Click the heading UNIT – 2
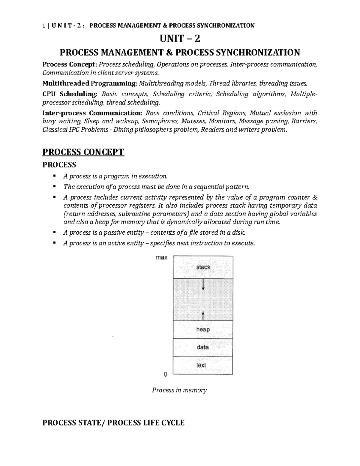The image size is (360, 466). [180, 39]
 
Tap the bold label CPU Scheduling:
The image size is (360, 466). [70, 94]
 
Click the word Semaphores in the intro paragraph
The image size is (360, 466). [158, 122]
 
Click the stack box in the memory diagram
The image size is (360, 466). [203, 267]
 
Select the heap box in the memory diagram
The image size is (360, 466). [203, 329]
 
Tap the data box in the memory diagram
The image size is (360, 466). [203, 347]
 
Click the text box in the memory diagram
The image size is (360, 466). [201, 365]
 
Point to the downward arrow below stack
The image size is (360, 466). [203, 285]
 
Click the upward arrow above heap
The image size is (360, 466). [203, 316]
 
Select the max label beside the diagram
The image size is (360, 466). [162, 258]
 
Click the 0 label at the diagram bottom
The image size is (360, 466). [165, 374]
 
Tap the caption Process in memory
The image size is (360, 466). [179, 390]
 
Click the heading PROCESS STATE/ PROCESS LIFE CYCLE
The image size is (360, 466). [113, 423]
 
